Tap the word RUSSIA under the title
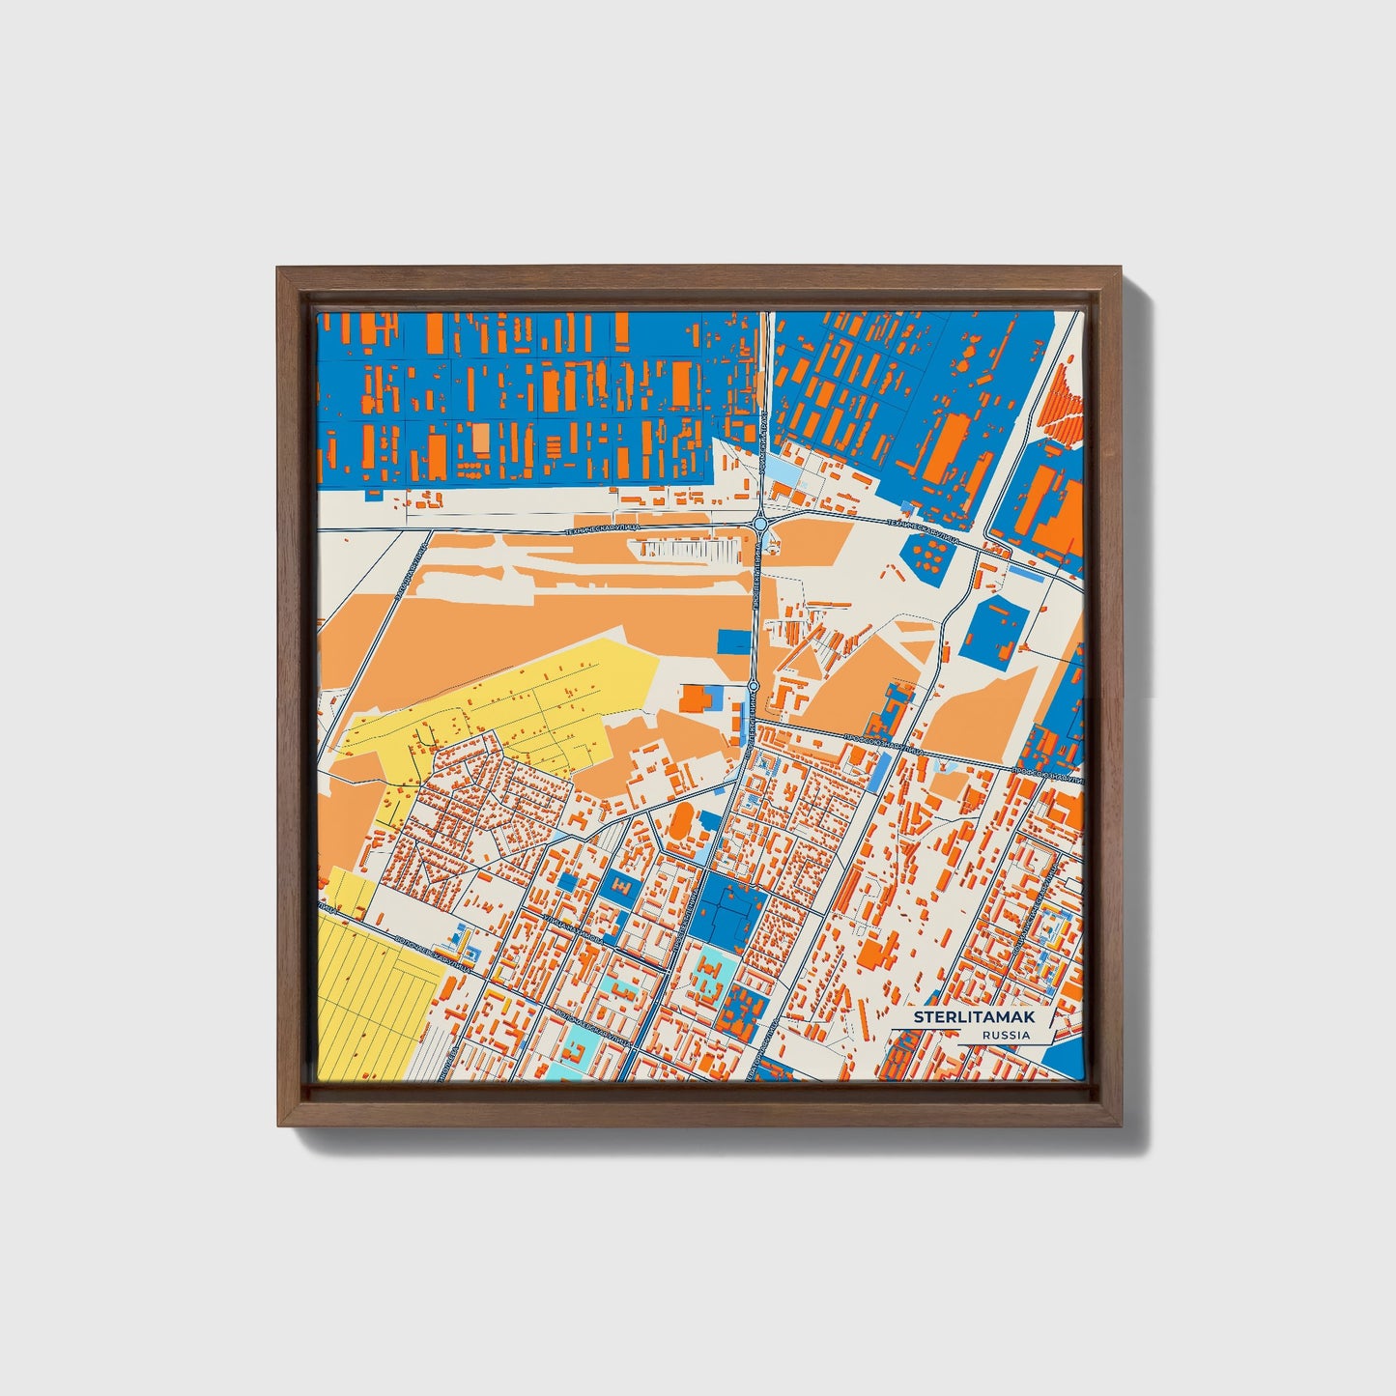point(1005,1035)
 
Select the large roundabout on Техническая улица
point(760,524)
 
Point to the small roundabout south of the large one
point(754,687)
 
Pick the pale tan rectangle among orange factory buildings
point(481,440)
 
